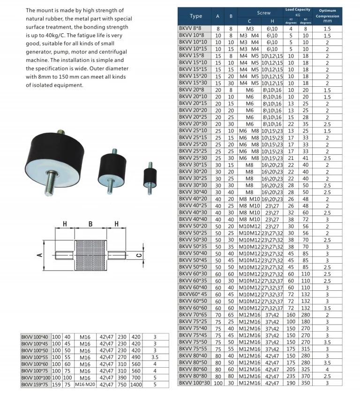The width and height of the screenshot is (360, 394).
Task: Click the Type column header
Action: point(196,16)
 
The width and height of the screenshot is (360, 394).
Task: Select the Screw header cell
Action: point(264,13)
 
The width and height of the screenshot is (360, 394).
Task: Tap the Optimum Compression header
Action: point(327,15)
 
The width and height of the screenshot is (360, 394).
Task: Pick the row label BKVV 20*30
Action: point(193,123)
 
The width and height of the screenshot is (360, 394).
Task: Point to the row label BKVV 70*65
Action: point(193,314)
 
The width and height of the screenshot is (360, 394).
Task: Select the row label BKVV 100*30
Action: point(194,383)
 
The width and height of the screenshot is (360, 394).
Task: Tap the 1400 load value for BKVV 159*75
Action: point(136,385)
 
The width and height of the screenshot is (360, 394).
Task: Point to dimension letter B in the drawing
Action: point(90,224)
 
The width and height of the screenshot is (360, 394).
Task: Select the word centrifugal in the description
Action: point(99,52)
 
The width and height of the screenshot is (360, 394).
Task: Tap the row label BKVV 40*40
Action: point(193,219)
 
